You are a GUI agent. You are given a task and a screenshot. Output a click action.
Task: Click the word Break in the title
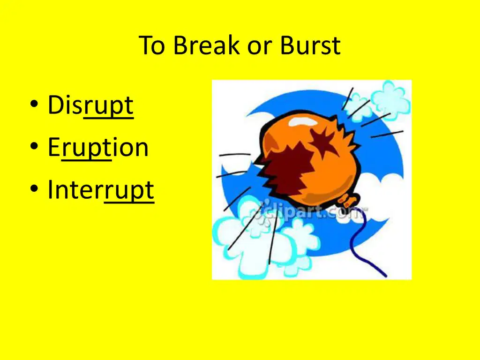(x=206, y=45)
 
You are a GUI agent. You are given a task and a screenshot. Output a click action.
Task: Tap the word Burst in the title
(x=310, y=45)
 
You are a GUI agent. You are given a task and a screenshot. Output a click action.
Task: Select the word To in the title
(x=152, y=45)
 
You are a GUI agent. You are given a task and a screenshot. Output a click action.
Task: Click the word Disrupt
(x=90, y=105)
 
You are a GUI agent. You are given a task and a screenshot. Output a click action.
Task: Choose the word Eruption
(x=98, y=148)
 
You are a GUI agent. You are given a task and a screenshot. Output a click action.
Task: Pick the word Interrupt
(x=101, y=190)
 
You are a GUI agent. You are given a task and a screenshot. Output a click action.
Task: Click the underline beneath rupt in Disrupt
(x=108, y=117)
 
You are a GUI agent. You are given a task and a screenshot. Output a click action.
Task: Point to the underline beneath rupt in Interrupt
(x=129, y=202)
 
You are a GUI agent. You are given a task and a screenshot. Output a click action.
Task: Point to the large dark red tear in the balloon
(x=286, y=172)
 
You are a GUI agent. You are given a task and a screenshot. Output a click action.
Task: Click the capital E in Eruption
(x=54, y=148)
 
